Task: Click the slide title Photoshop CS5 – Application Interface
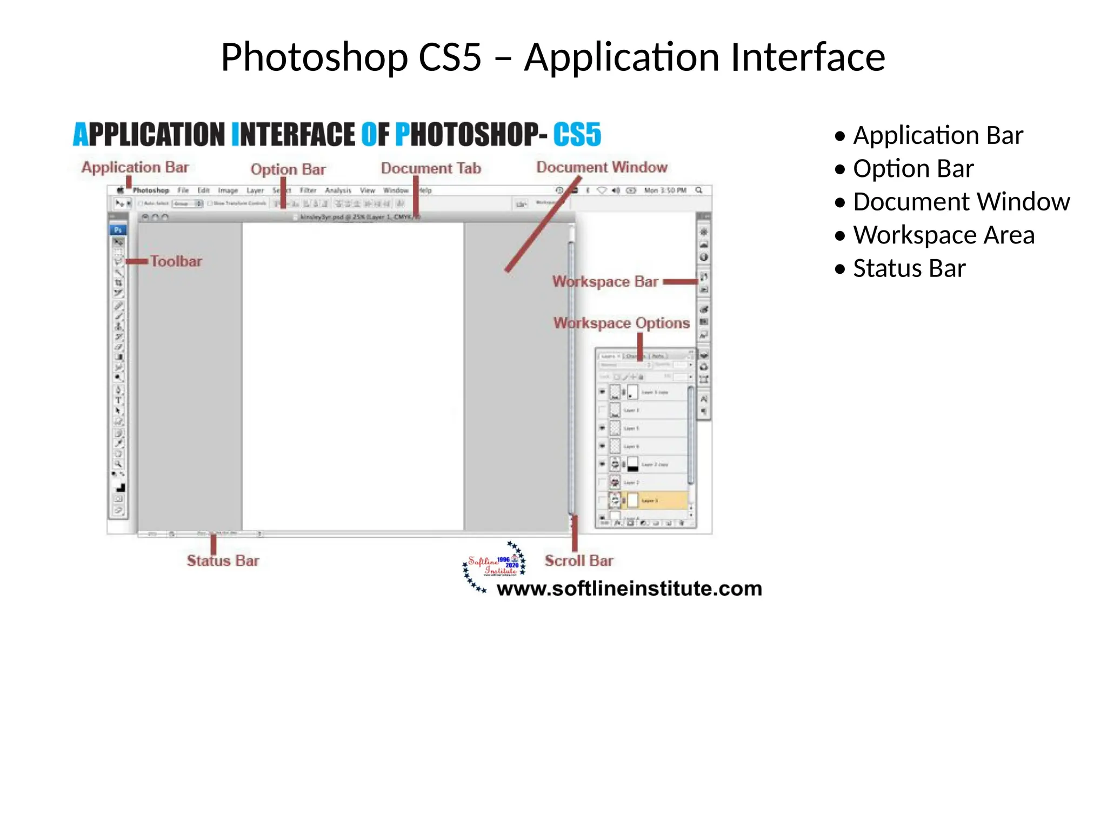tap(552, 57)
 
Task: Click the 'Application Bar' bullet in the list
tap(937, 135)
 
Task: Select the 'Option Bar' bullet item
tap(913, 169)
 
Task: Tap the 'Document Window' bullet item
tap(961, 202)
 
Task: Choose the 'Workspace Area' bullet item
tap(943, 235)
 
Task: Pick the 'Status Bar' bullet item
tap(909, 268)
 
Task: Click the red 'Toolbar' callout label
tap(176, 261)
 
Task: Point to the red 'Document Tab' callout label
tap(431, 168)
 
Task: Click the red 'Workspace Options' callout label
tap(621, 323)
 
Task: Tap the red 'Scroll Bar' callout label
tap(578, 560)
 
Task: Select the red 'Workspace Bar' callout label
tap(605, 281)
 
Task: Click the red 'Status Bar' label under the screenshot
tap(223, 560)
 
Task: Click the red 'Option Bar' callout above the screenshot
tap(288, 169)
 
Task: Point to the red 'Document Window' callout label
tap(602, 167)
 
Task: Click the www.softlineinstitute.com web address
tap(629, 589)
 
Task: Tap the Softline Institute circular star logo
tap(494, 565)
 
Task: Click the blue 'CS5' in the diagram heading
tap(577, 135)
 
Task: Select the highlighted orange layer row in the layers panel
tap(656, 500)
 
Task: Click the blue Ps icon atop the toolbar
tap(118, 230)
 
